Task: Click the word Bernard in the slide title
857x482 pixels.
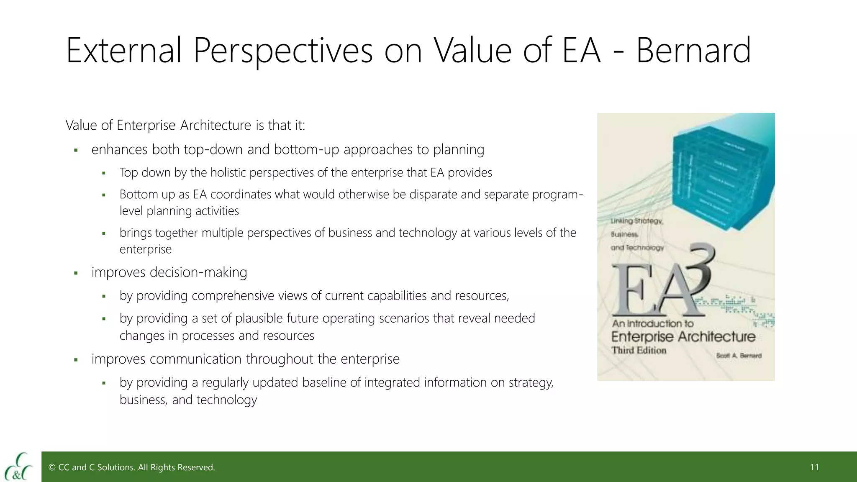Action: point(693,51)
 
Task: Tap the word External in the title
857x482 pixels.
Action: point(124,51)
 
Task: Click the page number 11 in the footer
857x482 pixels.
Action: point(814,467)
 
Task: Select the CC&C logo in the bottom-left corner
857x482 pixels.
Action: point(18,466)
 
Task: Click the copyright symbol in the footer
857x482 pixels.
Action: point(52,467)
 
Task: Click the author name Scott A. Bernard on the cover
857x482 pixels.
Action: point(739,356)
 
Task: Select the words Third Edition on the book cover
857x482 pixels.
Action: point(639,350)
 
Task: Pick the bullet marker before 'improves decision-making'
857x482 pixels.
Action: point(76,273)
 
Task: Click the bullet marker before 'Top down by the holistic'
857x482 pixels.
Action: point(104,173)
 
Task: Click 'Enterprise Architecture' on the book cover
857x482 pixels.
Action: point(683,336)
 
